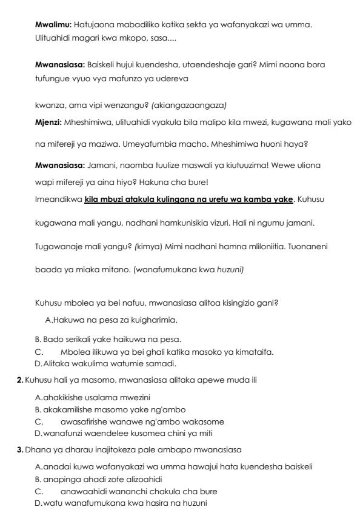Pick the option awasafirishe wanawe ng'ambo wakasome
[x=142, y=421]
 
